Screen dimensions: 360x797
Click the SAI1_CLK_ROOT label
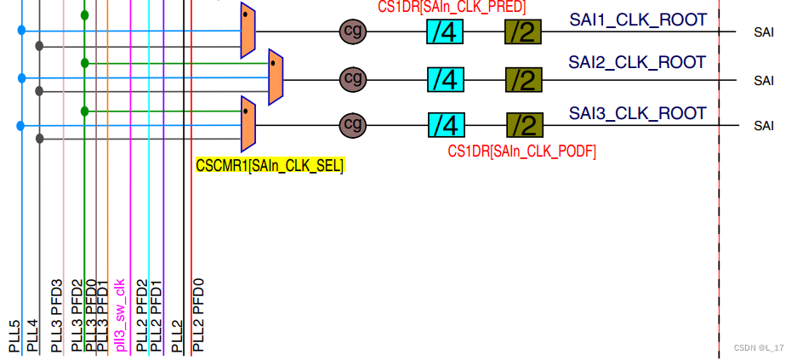[x=638, y=20]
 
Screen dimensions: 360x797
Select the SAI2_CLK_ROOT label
[x=637, y=62]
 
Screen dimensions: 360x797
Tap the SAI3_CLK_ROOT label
[x=638, y=112]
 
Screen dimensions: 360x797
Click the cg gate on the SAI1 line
[x=351, y=31]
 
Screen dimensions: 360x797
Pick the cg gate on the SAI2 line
[x=352, y=79]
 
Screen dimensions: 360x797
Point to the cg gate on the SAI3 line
[x=352, y=126]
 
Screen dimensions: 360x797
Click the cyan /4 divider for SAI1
[x=445, y=32]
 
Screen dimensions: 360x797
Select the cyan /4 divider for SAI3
[x=446, y=126]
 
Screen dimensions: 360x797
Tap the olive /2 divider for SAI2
[x=523, y=80]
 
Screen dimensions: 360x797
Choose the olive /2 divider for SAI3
[x=525, y=126]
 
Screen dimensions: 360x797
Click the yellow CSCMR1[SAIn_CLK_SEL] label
[x=270, y=166]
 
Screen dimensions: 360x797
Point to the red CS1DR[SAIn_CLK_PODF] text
[x=521, y=151]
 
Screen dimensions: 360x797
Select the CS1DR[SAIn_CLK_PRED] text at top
[x=452, y=7]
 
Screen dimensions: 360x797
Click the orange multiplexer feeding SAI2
[x=276, y=77]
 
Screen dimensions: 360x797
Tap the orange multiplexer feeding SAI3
[x=248, y=123]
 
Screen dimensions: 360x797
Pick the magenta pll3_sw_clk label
[x=121, y=315]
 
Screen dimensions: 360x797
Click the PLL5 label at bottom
[x=14, y=335]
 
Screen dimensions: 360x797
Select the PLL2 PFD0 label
[x=198, y=315]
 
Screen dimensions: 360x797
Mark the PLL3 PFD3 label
[x=57, y=315]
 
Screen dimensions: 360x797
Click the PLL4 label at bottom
[x=33, y=335]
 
